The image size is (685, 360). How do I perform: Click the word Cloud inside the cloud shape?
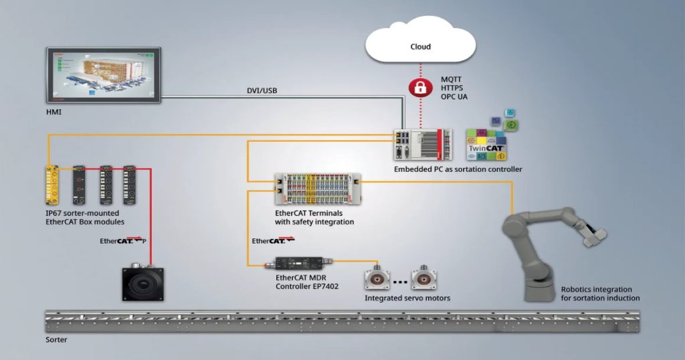420,47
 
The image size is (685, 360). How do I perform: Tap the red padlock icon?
420,88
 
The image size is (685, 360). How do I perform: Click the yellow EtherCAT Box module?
54,185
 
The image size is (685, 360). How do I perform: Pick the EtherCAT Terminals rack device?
318,188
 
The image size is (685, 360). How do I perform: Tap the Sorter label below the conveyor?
56,340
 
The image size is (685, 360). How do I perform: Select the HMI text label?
54,111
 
